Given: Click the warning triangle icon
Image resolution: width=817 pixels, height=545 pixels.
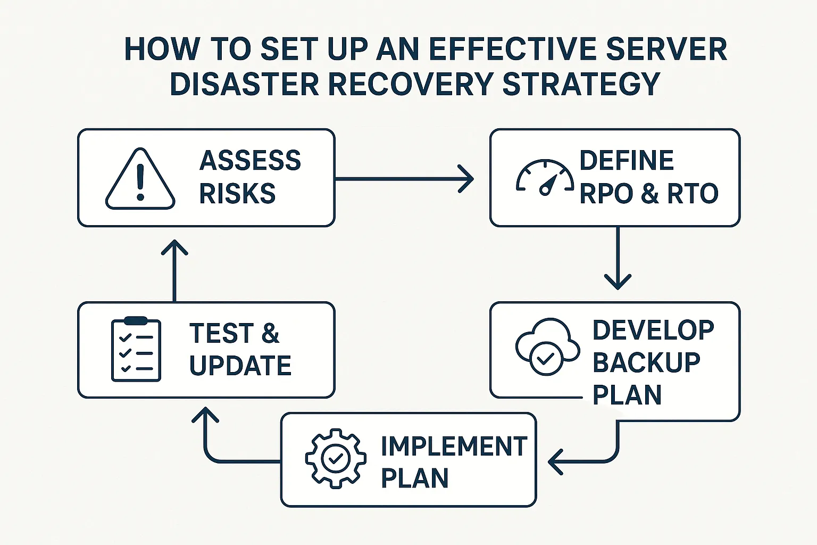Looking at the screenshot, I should coord(140,179).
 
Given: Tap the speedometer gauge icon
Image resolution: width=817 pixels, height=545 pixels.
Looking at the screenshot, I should coord(545,178).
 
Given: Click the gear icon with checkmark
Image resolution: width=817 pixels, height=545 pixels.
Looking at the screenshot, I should coord(336,458).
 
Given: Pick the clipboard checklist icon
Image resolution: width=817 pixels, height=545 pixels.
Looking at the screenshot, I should coord(136,349).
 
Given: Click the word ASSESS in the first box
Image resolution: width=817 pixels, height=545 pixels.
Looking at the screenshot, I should coord(250,161).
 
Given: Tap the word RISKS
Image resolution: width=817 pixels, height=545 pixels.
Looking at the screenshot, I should coord(237,193).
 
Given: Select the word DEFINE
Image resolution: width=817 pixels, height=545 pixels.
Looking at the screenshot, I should coord(627,161).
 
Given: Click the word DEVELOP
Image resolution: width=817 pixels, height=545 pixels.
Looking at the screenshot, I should coord(653,330).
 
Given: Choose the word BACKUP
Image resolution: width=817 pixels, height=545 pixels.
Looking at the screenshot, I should coord(646,362).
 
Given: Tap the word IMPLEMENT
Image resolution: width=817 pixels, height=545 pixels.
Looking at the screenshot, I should coord(454,446).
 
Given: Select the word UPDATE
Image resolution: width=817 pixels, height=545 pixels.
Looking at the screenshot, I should coord(240,366).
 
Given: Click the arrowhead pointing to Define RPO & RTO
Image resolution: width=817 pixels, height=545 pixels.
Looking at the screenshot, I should coord(466,179).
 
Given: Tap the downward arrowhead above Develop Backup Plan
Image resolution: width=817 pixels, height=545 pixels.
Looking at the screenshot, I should coord(618,281).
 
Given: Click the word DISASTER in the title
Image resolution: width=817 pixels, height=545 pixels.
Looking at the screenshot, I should coord(245,84).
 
